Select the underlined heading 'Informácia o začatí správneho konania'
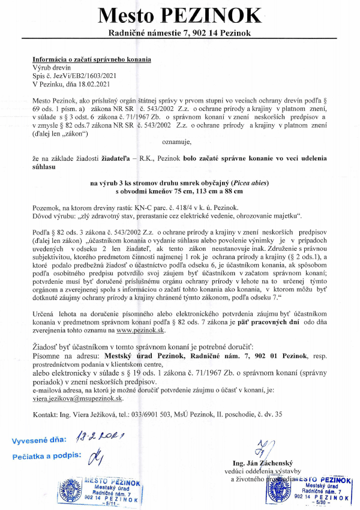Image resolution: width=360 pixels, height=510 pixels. pyautogui.click(x=91, y=60)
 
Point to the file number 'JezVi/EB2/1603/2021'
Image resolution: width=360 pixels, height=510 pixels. pyautogui.click(x=88, y=77)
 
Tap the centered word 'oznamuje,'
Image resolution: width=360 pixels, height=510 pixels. pyautogui.click(x=179, y=142)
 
